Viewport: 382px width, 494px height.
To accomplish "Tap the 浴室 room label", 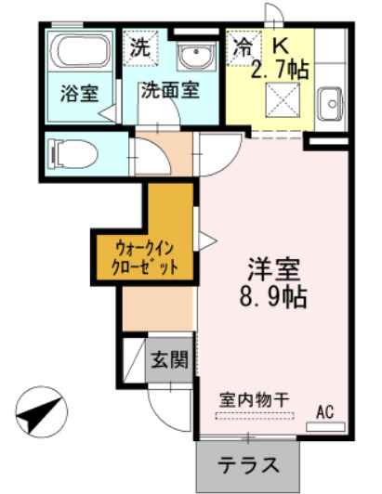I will point(77,95).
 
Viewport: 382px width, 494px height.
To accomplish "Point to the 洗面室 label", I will point(169,92).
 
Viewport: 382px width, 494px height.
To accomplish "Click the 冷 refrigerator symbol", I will point(243,44).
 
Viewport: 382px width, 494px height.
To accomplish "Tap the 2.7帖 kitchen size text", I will point(281,69).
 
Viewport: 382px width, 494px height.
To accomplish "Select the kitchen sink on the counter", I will point(329,102).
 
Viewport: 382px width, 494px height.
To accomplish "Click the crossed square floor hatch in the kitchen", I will point(280,100).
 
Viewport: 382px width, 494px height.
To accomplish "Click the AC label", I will point(325,411).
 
